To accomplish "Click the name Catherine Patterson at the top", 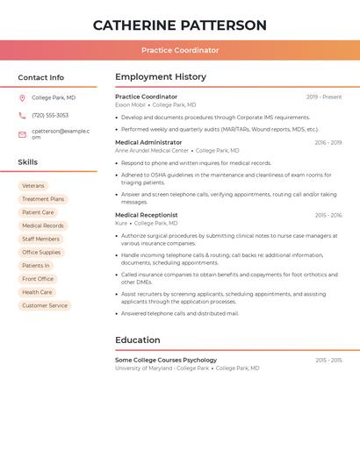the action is pos(180,25).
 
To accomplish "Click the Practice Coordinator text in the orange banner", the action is pos(180,50).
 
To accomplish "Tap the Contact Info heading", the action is pos(41,77).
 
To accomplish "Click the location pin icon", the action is pos(22,98).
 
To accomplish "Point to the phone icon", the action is pos(22,116).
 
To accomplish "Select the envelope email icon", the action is pos(22,134).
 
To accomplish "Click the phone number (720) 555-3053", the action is pos(50,116).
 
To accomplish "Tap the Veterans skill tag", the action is pos(33,186).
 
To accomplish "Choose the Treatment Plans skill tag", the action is pos(43,199).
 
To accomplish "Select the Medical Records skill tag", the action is pos(43,225).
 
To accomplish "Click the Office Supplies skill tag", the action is pos(41,252).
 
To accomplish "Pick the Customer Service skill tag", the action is pos(45,305).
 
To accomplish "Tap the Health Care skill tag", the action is pos(37,292).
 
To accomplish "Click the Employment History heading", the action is pos(161,77).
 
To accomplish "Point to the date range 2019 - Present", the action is pos(324,97).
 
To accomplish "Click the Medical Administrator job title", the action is pos(148,142).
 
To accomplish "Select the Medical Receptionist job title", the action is pos(147,215).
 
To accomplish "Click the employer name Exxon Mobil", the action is pos(130,105).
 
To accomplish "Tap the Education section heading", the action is pos(138,340).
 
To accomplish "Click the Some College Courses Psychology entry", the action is pos(166,361).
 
